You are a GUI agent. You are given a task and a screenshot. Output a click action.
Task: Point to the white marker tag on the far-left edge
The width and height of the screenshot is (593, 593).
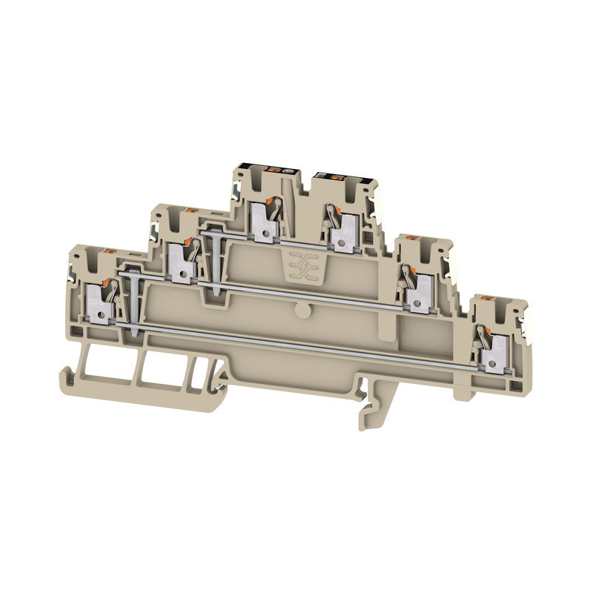tap(73, 271)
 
